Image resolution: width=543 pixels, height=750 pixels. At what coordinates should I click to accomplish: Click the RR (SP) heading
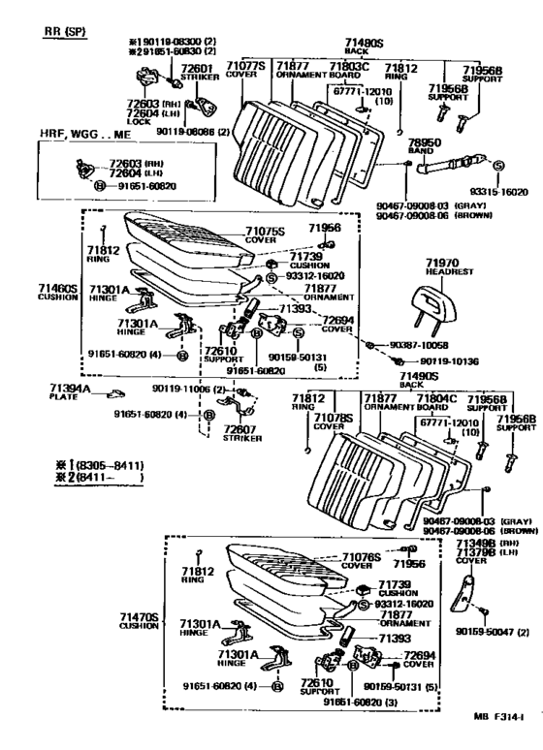(x=64, y=31)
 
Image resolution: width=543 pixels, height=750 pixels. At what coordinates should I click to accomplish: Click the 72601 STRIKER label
(x=200, y=74)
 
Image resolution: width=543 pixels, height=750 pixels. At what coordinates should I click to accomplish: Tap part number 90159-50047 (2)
(x=491, y=632)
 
